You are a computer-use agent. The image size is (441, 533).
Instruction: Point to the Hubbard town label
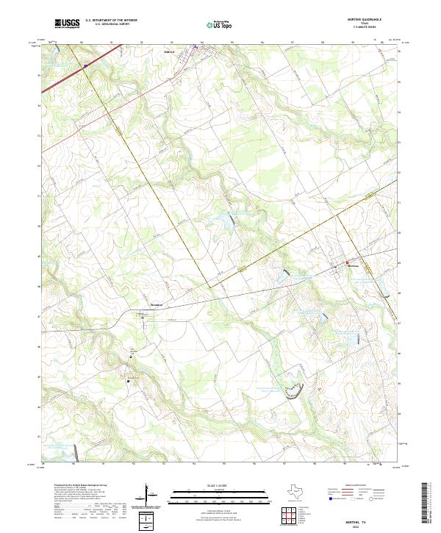click(x=169, y=52)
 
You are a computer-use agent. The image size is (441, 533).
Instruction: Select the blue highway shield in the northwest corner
click(x=85, y=65)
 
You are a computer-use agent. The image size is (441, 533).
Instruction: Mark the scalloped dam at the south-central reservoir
click(x=294, y=391)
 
